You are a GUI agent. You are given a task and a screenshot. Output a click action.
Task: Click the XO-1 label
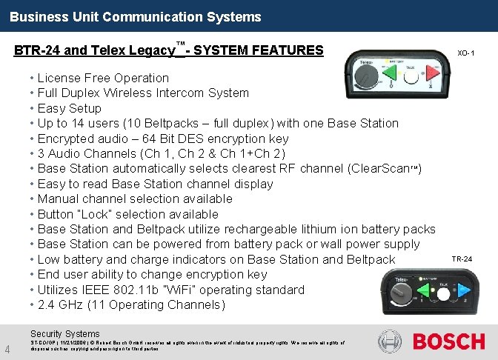465,53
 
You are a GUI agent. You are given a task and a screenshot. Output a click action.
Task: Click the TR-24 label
462,259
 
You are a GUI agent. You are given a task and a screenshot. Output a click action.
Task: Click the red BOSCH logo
448,341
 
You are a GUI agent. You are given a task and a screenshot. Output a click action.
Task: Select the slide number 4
7,350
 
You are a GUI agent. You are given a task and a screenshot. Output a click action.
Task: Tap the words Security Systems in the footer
64,334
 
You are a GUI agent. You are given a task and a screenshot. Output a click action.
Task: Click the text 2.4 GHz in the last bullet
59,304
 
